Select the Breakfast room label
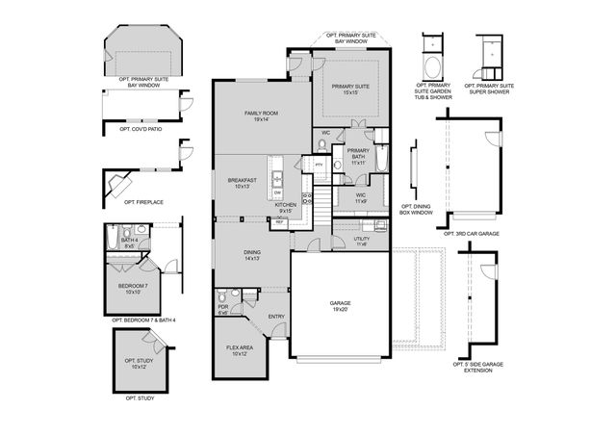pyautogui.click(x=242, y=183)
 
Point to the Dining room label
pyautogui.click(x=251, y=255)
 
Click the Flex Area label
pyautogui.click(x=240, y=350)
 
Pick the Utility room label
pyautogui.click(x=362, y=241)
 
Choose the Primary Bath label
pyautogui.click(x=358, y=157)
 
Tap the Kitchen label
pyautogui.click(x=286, y=208)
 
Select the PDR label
pyautogui.click(x=222, y=310)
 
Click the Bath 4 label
pyautogui.click(x=130, y=243)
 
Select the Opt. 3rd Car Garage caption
pyautogui.click(x=470, y=233)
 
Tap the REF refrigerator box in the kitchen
pyautogui.click(x=279, y=222)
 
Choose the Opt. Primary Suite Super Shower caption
pyautogui.click(x=491, y=89)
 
